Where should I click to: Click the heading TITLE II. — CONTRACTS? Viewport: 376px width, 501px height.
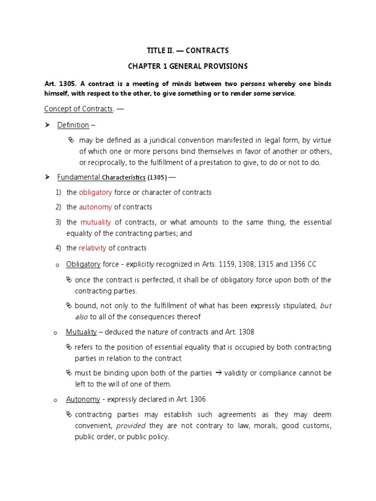188,51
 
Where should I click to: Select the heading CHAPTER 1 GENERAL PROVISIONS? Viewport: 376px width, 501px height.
188,66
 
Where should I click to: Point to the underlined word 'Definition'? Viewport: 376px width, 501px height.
73,125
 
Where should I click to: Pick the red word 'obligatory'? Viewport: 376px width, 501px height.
95,192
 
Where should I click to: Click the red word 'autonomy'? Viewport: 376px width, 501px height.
95,207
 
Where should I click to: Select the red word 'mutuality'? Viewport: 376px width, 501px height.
96,222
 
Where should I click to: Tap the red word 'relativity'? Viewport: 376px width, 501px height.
93,248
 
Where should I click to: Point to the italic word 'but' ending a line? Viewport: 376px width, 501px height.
326,306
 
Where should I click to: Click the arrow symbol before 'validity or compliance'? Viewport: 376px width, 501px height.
219,373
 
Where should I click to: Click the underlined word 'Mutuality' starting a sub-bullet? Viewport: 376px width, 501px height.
81,332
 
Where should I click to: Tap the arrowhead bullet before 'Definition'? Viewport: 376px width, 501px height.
47,125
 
